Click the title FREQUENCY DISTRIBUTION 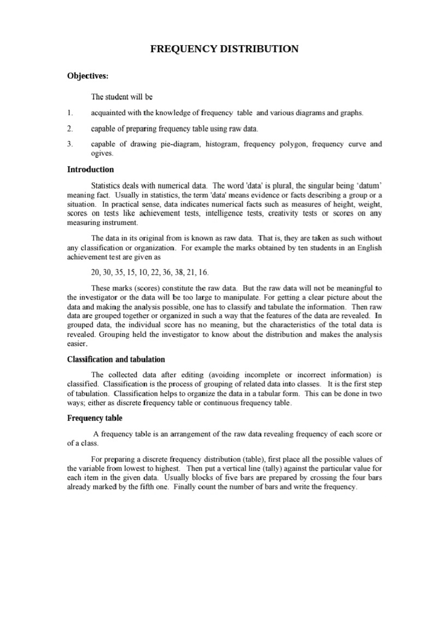(224, 49)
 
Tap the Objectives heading (88, 76)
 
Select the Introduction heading (90, 170)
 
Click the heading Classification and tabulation (116, 359)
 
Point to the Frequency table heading (95, 418)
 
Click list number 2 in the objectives (70, 129)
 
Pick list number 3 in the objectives (70, 144)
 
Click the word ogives (102, 153)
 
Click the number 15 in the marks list (131, 273)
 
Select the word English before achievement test (369, 248)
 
